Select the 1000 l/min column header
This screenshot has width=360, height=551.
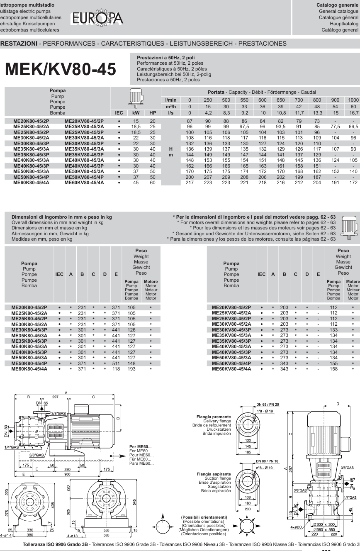point(353,100)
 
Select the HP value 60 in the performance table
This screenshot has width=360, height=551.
point(153,183)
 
